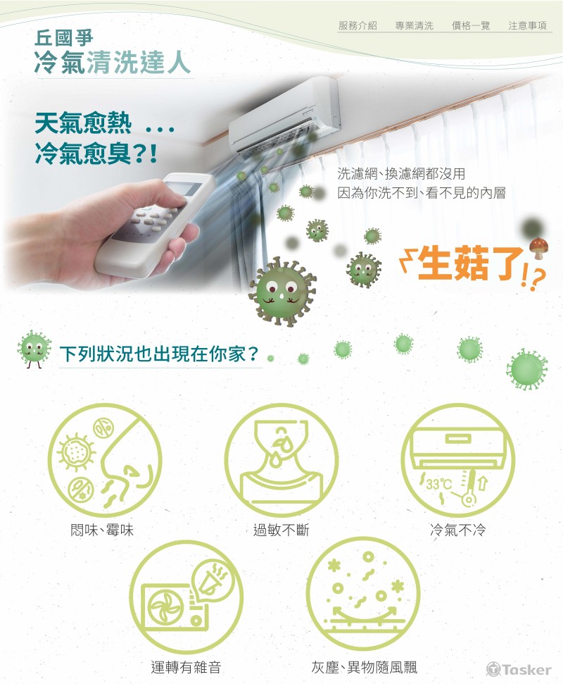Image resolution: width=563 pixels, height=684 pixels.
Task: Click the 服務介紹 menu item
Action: (358, 26)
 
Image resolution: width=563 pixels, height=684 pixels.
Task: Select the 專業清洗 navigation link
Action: (414, 26)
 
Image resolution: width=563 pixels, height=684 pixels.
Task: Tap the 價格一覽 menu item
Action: (471, 26)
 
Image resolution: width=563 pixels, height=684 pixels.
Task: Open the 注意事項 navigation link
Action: (527, 26)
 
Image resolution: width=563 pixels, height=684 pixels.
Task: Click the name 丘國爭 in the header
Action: (63, 38)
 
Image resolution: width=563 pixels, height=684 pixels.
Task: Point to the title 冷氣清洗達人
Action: (113, 63)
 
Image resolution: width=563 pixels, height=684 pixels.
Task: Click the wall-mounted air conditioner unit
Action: (284, 116)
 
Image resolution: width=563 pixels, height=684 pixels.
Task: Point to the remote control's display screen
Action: (186, 188)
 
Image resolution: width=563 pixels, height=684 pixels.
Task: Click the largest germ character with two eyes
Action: (282, 291)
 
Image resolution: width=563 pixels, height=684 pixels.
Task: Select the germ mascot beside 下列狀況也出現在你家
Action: (34, 349)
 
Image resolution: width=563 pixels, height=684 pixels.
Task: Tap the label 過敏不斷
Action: (281, 530)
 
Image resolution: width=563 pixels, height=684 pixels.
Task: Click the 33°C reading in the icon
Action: (439, 484)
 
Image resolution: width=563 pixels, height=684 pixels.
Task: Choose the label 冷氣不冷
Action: (457, 530)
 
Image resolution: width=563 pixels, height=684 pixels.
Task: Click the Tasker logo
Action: (519, 669)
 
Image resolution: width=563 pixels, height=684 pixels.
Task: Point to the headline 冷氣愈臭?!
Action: (96, 154)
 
